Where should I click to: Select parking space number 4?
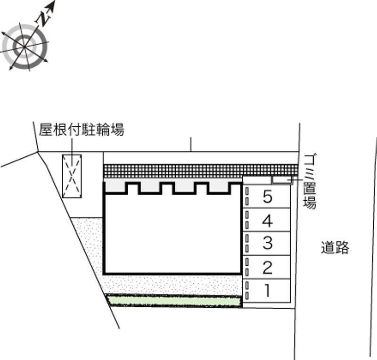(267, 220)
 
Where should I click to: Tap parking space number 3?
(267, 244)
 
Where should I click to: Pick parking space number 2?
(267, 268)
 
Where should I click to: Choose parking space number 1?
(267, 291)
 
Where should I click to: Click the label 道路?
(335, 247)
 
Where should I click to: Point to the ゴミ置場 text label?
(310, 180)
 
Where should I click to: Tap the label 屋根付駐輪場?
(82, 130)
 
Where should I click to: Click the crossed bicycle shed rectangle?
(72, 176)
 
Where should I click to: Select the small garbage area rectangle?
(281, 180)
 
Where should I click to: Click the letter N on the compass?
(43, 19)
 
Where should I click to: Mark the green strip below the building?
(174, 301)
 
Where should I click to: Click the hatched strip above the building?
(200, 170)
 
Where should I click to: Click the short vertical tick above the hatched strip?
(191, 144)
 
